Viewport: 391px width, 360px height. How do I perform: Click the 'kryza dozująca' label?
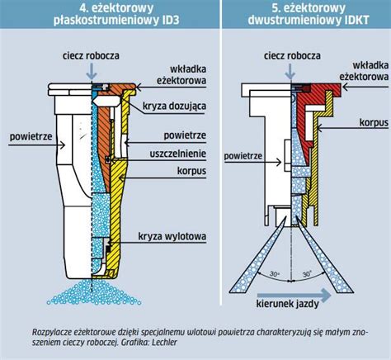(174, 107)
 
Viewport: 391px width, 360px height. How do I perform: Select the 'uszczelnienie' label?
(178, 154)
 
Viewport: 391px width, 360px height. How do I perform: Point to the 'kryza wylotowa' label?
(172, 236)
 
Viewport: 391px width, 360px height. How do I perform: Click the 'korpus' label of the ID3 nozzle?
(191, 171)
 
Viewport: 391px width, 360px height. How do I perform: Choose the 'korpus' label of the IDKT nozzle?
(374, 123)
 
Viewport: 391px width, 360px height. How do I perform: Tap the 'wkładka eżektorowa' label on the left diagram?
(181, 74)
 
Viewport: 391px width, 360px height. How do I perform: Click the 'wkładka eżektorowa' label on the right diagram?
(364, 71)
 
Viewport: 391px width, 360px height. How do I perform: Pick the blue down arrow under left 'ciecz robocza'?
(92, 71)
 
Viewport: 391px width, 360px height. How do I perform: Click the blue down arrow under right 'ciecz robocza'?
(290, 71)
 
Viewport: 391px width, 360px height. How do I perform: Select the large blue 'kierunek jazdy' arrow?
(294, 296)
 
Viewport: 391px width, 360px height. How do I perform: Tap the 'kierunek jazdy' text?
(288, 304)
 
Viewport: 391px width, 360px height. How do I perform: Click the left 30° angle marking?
(274, 274)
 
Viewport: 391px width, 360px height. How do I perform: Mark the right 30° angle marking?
(307, 274)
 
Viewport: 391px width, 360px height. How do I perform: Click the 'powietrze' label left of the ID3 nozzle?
(31, 136)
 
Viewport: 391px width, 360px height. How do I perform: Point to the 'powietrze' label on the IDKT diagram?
(243, 156)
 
